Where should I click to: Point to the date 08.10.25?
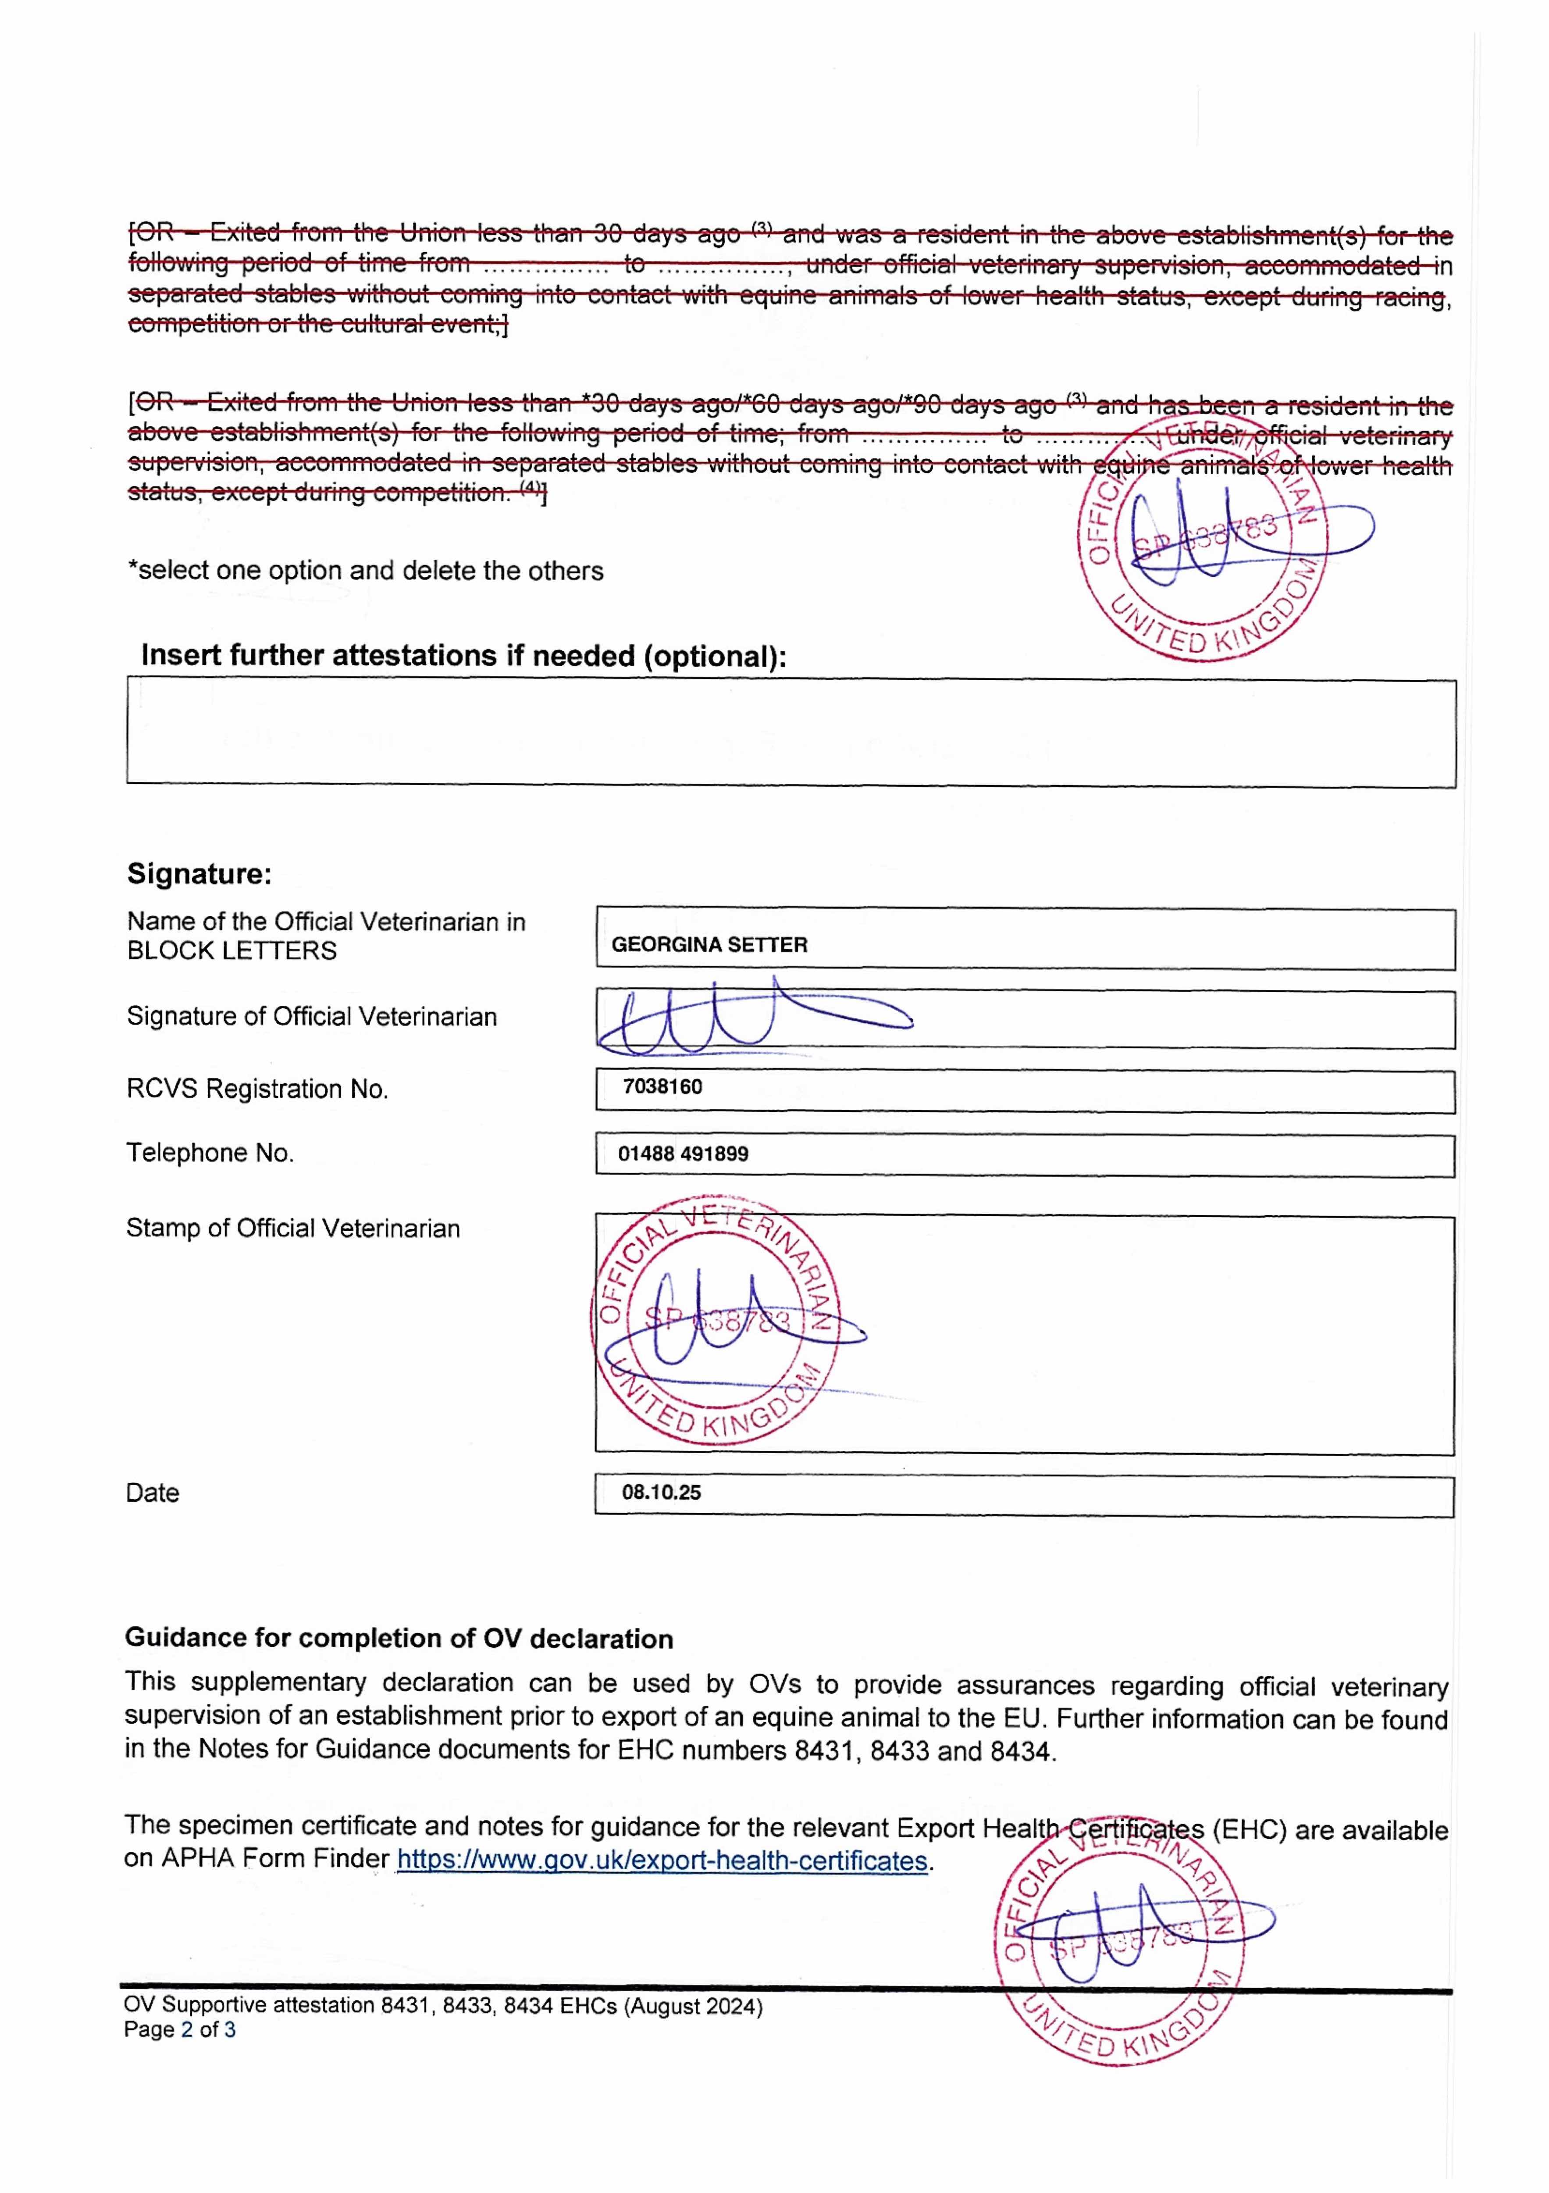tap(661, 1492)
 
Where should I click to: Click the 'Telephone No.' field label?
tap(210, 1153)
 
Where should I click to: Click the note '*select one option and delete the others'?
tap(366, 571)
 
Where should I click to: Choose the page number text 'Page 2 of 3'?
tap(179, 2030)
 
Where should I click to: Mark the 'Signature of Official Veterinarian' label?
tap(311, 1016)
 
